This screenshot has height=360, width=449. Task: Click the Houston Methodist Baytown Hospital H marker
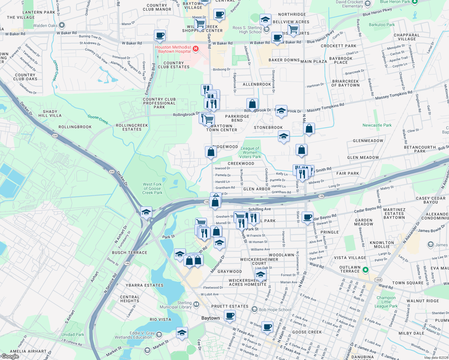tap(196, 49)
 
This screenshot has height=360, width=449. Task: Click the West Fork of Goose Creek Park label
tap(152, 188)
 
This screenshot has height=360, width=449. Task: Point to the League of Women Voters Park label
tap(250, 152)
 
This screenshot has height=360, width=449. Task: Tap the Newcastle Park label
tap(377, 125)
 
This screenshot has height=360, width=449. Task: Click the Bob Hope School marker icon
tap(255, 309)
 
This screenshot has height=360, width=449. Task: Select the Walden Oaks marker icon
tap(62, 25)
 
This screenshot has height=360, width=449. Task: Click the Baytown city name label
tap(210, 318)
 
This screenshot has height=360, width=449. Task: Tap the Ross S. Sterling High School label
tap(247, 30)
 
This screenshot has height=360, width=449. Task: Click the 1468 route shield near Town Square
tap(378, 280)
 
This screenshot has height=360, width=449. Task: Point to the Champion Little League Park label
tap(386, 302)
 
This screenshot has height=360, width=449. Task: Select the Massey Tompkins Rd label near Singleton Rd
tap(394, 95)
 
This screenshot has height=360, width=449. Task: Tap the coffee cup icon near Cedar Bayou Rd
tap(307, 217)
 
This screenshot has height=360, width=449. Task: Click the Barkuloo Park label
tap(382, 25)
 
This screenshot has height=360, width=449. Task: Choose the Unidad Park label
tap(73, 334)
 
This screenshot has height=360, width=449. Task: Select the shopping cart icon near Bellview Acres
tap(293, 29)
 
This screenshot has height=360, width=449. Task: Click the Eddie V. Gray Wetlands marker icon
tap(159, 334)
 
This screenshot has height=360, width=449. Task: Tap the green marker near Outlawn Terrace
tap(365, 270)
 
